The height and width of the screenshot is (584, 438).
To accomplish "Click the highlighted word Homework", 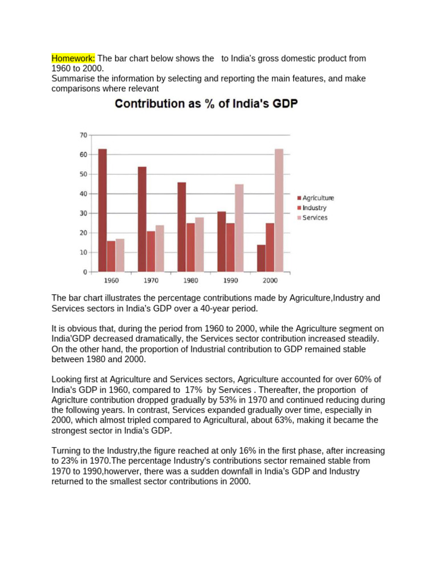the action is point(73,59).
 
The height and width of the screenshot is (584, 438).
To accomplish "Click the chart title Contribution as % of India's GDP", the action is point(206,104).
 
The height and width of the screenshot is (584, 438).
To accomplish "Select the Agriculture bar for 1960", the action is point(103,210).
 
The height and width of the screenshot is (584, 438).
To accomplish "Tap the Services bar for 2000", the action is point(279,210).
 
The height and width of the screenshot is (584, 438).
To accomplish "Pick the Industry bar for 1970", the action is point(151,252).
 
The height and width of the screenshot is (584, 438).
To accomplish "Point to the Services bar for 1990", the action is point(239,228).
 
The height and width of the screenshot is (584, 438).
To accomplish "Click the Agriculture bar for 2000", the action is point(261,258).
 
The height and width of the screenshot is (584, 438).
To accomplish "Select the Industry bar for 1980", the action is point(190,248).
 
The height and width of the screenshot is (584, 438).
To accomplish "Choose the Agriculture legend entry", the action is point(315,198).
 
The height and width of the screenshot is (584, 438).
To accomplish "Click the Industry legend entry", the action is point(312,208).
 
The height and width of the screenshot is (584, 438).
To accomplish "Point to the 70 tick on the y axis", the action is point(83,135).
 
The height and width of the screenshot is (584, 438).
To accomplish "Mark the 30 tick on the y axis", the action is point(83,213).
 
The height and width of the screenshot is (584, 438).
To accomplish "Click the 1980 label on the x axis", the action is point(190,281).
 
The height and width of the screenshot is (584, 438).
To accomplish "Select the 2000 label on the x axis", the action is point(270,281).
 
